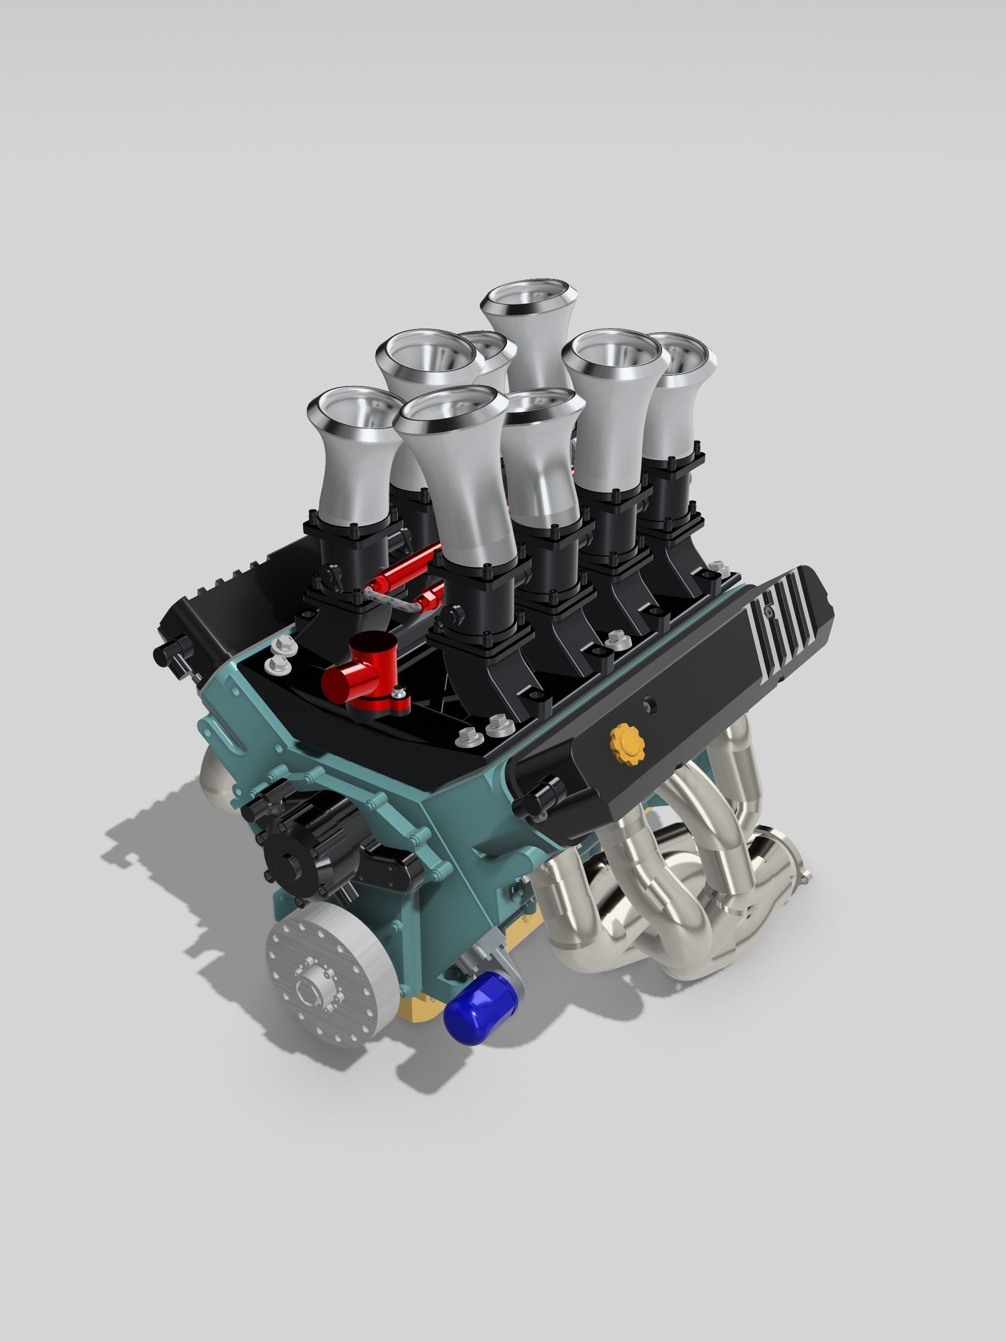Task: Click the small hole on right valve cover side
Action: (x=650, y=704)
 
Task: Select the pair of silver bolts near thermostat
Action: (x=280, y=651)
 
